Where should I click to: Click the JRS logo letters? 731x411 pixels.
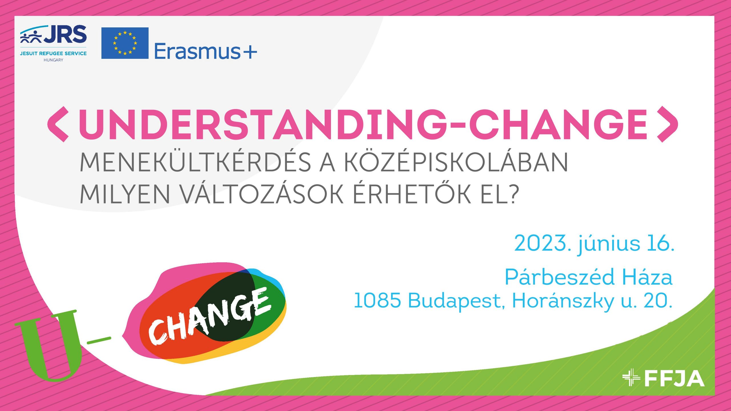tap(65, 34)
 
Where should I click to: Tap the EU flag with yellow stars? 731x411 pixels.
tap(125, 43)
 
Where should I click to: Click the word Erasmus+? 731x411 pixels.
tap(206, 51)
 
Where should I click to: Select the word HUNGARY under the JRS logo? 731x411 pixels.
tap(53, 60)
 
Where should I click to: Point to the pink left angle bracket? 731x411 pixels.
tap(58, 124)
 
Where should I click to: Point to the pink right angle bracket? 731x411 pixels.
tap(667, 124)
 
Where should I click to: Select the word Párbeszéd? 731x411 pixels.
tap(560, 277)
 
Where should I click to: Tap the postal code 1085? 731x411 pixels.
tap(377, 300)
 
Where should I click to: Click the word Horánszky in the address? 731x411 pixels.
tap(563, 301)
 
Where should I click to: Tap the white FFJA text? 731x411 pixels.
tap(674, 378)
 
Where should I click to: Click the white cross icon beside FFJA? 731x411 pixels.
tap(631, 377)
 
